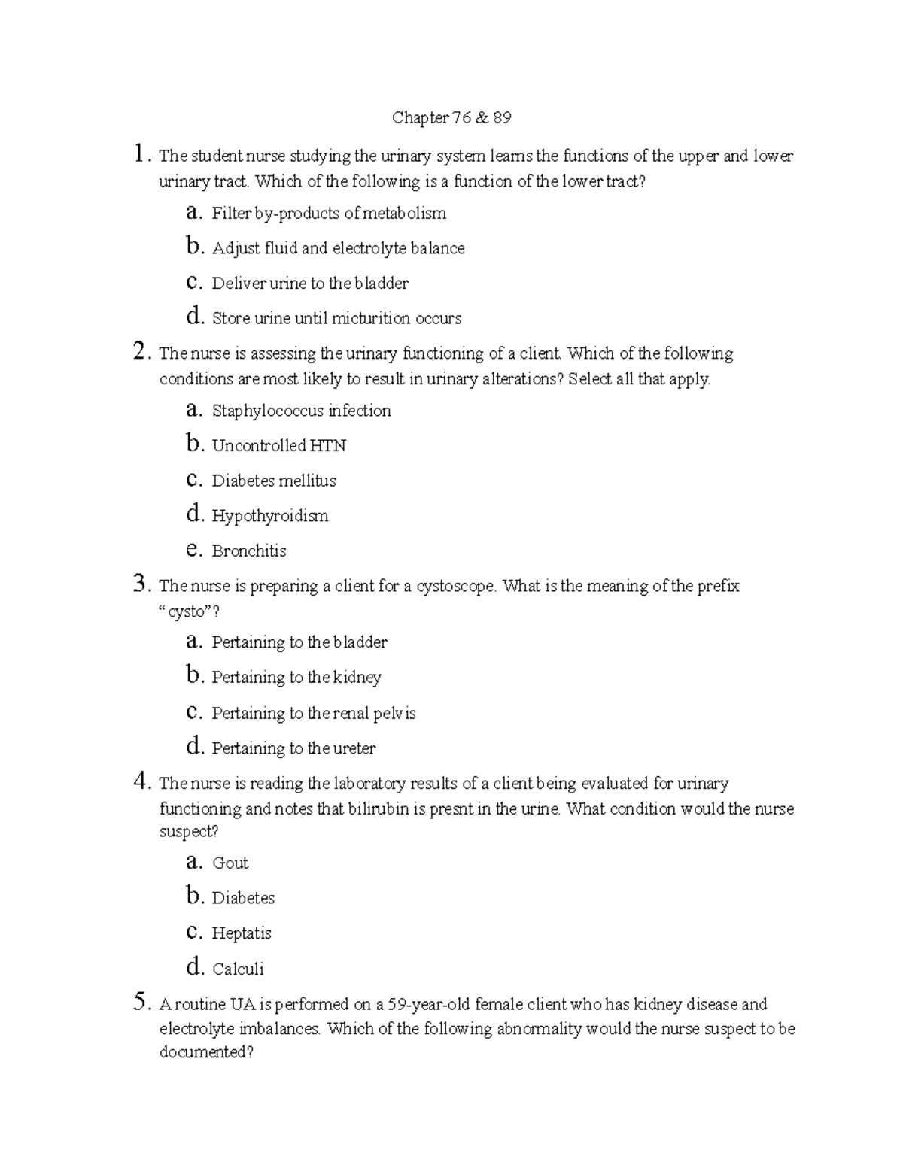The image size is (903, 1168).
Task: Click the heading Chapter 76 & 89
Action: tap(451, 118)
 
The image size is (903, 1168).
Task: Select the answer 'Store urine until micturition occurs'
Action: tap(336, 319)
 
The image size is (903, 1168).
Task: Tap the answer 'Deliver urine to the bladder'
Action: tap(310, 284)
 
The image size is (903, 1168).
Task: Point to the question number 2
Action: tap(138, 351)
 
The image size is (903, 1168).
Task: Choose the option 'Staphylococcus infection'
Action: tap(301, 411)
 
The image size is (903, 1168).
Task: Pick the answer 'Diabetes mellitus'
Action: tap(274, 481)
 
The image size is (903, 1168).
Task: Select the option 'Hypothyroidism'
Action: tap(270, 517)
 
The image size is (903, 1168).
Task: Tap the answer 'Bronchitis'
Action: tap(249, 551)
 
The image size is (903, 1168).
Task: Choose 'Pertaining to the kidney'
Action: tap(296, 678)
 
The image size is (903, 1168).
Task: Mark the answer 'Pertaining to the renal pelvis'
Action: tap(314, 714)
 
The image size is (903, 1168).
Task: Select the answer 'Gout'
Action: tap(230, 863)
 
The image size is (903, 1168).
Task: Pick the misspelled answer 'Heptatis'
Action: tap(242, 933)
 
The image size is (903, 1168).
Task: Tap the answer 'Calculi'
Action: tap(238, 969)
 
